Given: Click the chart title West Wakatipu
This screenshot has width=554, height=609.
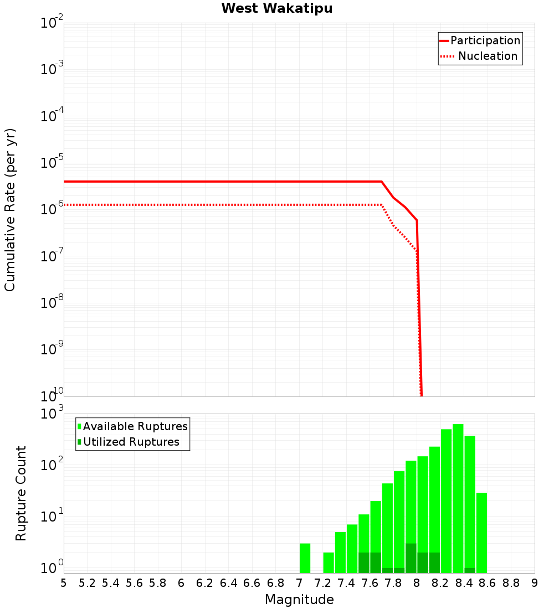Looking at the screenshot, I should click(277, 9).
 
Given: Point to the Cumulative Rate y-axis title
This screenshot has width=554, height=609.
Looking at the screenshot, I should click(11, 209).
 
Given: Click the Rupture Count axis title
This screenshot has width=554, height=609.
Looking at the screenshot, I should click(21, 493).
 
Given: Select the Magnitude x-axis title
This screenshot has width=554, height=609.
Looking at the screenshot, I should click(299, 600).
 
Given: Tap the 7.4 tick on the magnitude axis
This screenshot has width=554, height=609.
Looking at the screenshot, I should click(346, 583).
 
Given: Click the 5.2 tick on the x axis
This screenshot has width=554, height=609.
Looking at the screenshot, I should click(87, 583).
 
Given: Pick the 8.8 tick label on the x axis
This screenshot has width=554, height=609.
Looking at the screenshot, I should click(511, 583).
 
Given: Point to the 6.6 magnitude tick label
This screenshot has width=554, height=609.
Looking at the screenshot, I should click(252, 583).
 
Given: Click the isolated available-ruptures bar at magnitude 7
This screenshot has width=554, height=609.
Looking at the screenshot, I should click(305, 558).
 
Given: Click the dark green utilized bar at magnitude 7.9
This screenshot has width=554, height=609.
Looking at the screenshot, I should click(411, 558).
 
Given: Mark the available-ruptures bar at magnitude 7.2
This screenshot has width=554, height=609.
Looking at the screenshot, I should click(329, 562).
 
